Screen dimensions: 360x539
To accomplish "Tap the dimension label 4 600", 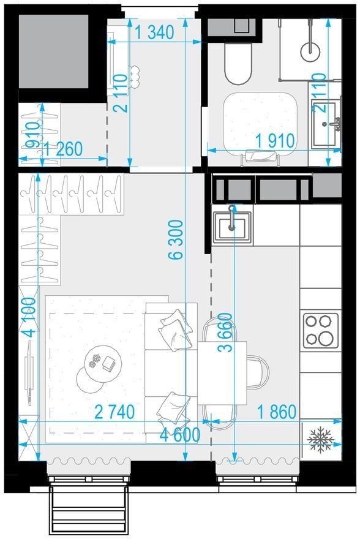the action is point(180,435).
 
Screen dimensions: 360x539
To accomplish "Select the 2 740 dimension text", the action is point(114,412).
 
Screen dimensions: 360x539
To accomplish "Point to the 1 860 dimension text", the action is point(277,412).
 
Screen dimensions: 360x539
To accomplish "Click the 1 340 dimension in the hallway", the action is point(154,32).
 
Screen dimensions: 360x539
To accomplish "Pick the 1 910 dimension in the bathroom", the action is point(275,141).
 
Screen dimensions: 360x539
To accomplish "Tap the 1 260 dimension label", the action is point(63,149).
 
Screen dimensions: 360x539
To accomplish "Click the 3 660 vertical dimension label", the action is point(225,333).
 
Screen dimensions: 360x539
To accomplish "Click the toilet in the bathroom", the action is point(238,64).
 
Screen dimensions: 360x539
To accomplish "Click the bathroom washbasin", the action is point(325,124).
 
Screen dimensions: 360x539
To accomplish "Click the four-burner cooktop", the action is point(320,331).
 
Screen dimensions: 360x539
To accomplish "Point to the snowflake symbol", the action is point(320,440).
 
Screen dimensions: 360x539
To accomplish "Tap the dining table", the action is point(222,372).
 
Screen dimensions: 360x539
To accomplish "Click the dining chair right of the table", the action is point(258,372).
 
